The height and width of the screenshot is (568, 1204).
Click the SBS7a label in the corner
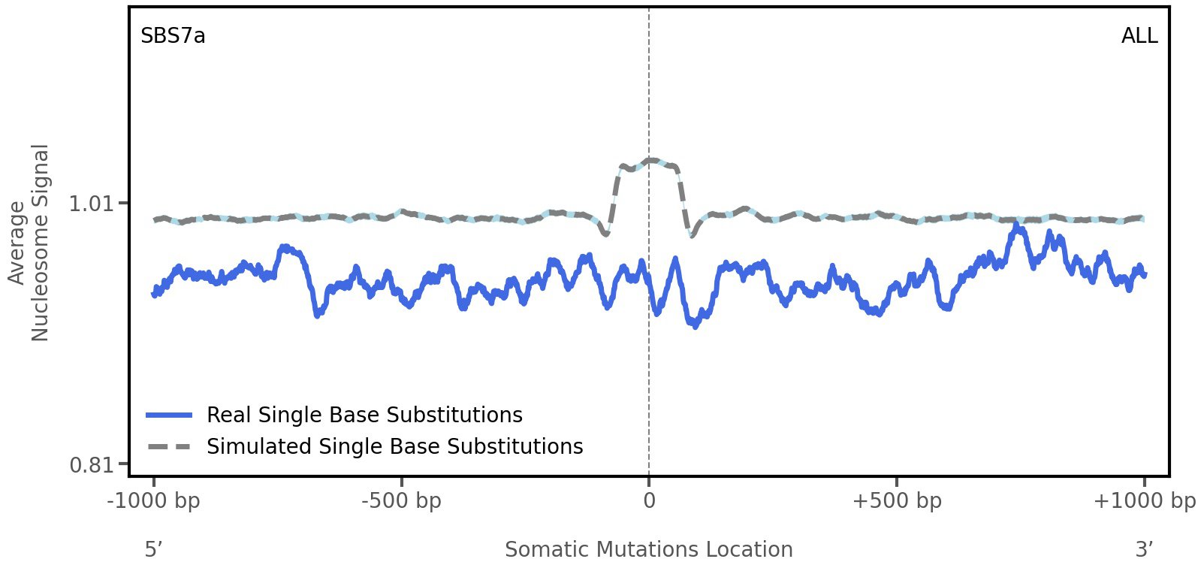(x=173, y=36)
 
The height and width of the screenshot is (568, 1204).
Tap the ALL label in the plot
(x=1139, y=36)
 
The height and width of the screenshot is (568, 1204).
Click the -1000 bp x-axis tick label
(x=154, y=501)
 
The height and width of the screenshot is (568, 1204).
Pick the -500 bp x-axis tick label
(x=401, y=501)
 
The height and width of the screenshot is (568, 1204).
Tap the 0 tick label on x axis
(x=649, y=501)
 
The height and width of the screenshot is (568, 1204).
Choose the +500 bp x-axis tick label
(x=897, y=501)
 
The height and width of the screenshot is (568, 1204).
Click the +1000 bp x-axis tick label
(x=1144, y=501)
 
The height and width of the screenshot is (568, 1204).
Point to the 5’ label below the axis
(x=153, y=549)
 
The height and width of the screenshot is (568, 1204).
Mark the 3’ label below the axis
(x=1144, y=549)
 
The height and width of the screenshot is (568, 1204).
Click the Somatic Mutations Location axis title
(x=648, y=549)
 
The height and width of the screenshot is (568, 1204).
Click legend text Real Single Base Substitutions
(x=364, y=415)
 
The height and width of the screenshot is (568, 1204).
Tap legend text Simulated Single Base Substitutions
(x=394, y=446)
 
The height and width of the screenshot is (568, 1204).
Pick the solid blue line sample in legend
(x=170, y=415)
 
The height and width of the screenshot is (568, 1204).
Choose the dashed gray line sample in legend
(x=170, y=446)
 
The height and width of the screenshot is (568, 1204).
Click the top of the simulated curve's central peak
(x=650, y=160)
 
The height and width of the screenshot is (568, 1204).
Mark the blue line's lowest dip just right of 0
(x=696, y=325)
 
